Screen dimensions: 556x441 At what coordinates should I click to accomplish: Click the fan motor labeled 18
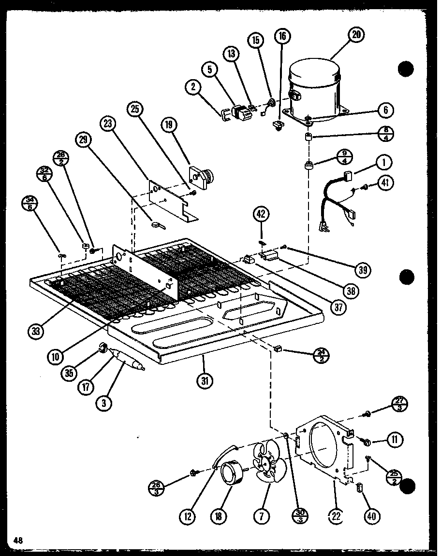tap(232, 471)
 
